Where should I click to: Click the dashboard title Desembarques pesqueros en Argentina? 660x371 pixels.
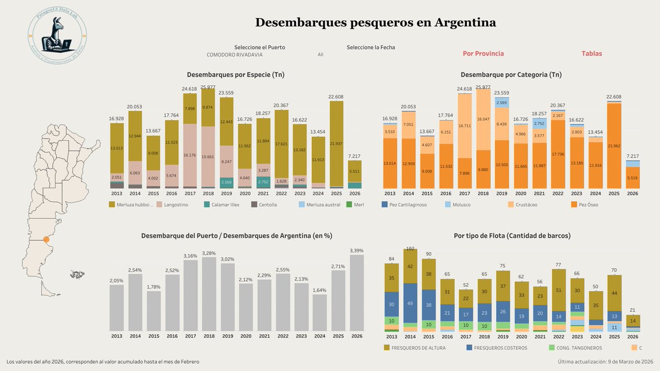point(376,23)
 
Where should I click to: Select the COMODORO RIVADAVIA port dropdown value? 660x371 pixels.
point(234,55)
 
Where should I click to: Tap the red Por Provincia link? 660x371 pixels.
point(483,54)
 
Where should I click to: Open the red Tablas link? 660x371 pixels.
point(592,54)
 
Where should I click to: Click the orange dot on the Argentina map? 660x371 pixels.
point(46,240)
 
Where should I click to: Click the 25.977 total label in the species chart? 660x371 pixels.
point(208,87)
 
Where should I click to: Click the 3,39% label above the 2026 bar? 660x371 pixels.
point(356,251)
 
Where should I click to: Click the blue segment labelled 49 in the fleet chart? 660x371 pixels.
point(410,303)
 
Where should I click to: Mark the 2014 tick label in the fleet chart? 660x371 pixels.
point(410,336)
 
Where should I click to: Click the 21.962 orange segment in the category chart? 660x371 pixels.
point(614,146)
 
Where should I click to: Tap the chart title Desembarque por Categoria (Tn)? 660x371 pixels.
point(511,74)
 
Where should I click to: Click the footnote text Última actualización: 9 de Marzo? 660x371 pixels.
point(605,362)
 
